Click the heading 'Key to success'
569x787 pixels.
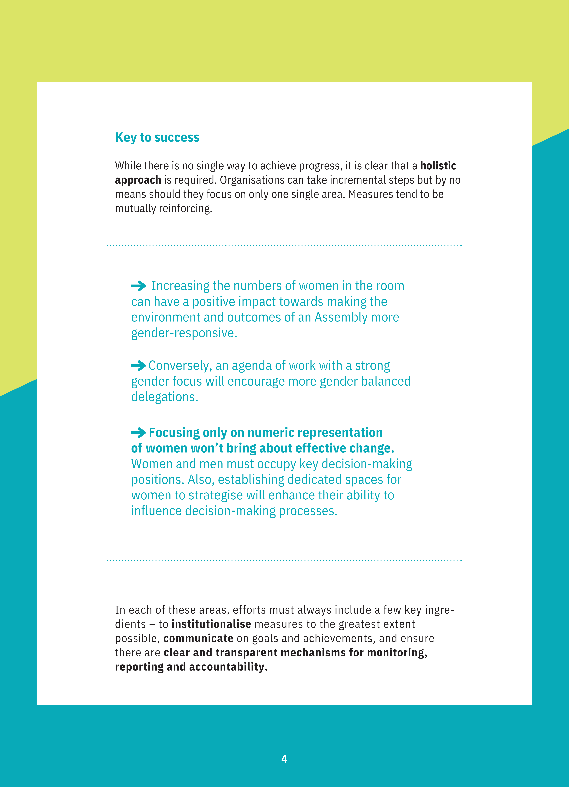157,137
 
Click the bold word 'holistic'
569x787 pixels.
438,166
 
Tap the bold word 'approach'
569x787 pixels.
138,180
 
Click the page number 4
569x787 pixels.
284,759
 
